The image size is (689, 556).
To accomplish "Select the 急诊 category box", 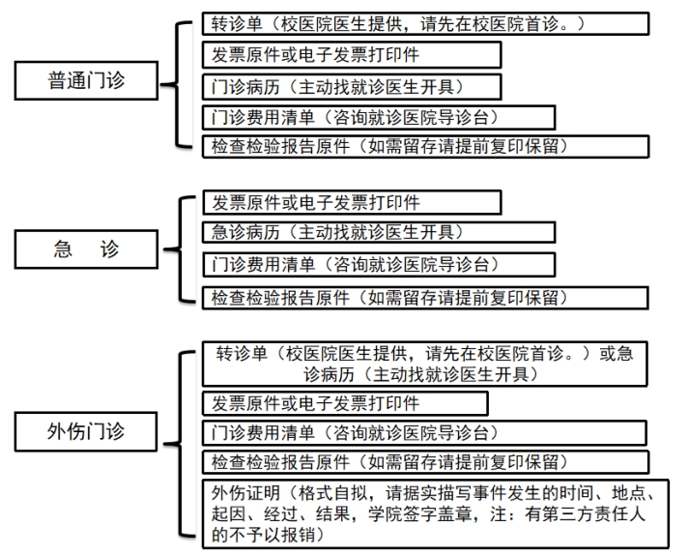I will click(x=86, y=249).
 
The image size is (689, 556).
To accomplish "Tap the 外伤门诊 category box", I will click(x=86, y=425).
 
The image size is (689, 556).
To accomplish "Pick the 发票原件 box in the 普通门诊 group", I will click(x=352, y=54).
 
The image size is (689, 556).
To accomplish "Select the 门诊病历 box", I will click(x=352, y=85).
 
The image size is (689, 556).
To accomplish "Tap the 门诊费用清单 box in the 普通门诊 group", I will click(x=379, y=117).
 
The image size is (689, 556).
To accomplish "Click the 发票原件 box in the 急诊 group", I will click(x=352, y=202).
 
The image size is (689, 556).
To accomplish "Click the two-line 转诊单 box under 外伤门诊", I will click(x=425, y=364).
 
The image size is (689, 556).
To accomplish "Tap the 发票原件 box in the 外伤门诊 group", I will click(x=352, y=401).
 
